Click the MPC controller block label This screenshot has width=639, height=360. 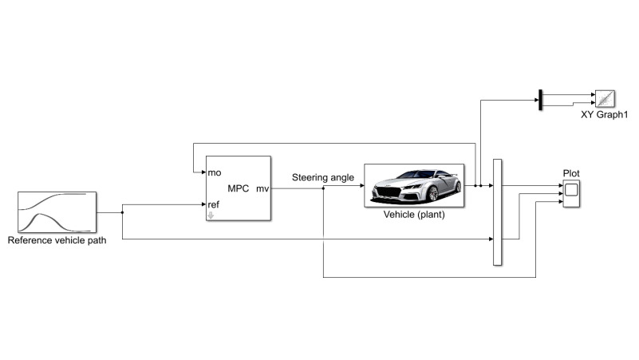(x=238, y=188)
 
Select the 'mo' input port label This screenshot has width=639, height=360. (x=215, y=173)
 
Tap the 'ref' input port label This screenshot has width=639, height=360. (x=214, y=204)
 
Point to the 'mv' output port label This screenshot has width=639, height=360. (x=262, y=188)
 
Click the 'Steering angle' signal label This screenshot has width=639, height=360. (x=323, y=178)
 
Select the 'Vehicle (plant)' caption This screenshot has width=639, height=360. (x=414, y=215)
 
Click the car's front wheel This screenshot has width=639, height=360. (x=433, y=194)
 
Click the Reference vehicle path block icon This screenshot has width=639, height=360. (x=57, y=212)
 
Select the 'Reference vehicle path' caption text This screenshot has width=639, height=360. (x=57, y=240)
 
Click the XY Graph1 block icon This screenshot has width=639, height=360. (x=605, y=99)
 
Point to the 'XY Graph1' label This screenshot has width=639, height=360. (x=605, y=115)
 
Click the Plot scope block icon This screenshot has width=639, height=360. (x=571, y=194)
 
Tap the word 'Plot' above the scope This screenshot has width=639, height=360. (x=571, y=174)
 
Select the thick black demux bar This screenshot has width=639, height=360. (x=540, y=100)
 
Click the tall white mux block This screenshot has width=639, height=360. (x=498, y=212)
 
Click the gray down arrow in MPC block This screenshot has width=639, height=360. (x=211, y=216)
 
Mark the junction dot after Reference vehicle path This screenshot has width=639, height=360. (x=122, y=212)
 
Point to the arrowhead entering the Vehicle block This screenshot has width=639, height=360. (x=362, y=185)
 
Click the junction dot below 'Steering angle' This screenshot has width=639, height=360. (x=324, y=188)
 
